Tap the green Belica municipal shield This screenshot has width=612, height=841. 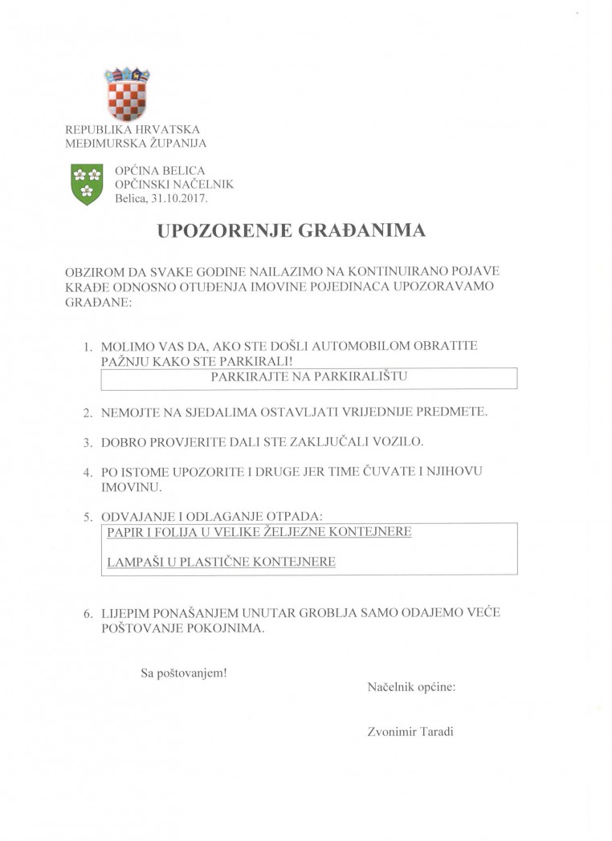click(87, 183)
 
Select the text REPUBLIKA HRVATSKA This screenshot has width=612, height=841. click(133, 129)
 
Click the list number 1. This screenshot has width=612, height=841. click(88, 348)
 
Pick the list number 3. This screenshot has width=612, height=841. click(88, 443)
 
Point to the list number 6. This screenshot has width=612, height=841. click(88, 616)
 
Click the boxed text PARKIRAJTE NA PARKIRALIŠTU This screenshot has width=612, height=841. click(308, 376)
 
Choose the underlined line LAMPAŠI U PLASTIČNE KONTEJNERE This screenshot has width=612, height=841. click(221, 563)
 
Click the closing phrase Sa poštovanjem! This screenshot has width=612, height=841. click(184, 672)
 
